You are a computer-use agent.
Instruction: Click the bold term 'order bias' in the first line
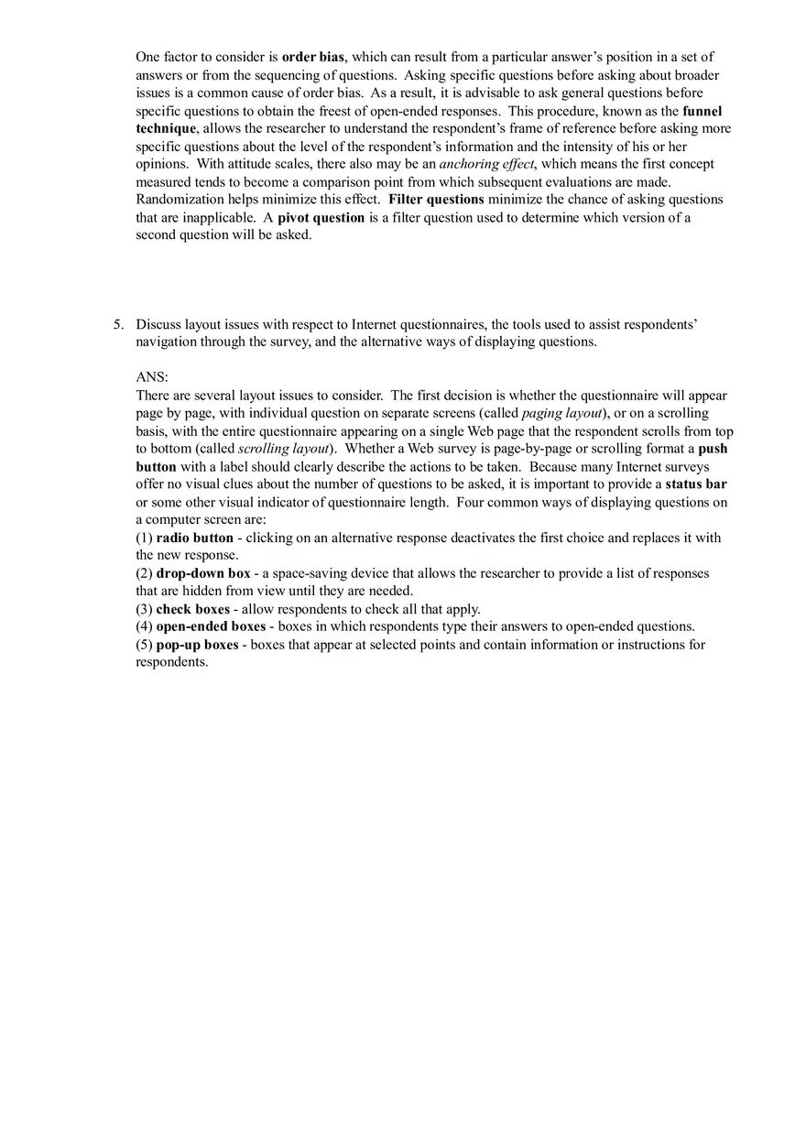point(312,57)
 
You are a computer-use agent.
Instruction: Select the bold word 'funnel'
point(702,111)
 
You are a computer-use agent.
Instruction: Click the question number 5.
point(118,324)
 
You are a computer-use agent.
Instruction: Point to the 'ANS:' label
point(152,377)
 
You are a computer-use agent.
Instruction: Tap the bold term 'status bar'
point(696,484)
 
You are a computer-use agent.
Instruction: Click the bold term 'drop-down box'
point(202,573)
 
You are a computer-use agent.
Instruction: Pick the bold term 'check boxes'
point(192,609)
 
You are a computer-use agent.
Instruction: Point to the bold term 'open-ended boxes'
point(210,626)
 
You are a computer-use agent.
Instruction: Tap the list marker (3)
point(144,609)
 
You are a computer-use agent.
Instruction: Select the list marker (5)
point(144,645)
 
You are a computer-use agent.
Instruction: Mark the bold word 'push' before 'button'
point(713,449)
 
